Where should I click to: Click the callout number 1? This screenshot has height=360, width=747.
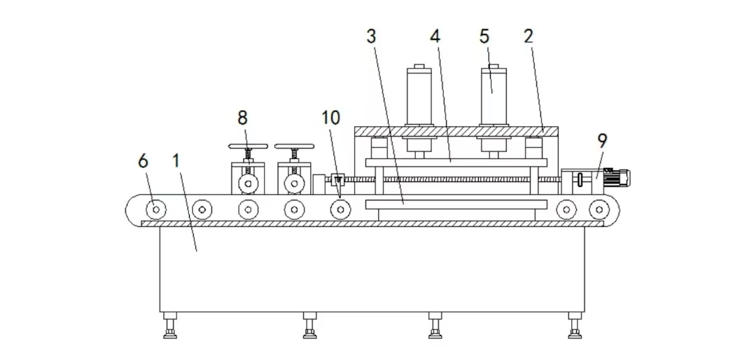pos(176,161)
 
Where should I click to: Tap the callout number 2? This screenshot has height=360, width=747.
pos(529,36)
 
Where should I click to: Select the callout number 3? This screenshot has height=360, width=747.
pos(372,36)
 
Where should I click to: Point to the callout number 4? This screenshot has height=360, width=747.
pos(435,36)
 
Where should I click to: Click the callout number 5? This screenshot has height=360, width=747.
pos(484,36)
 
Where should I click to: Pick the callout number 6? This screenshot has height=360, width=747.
pos(143,161)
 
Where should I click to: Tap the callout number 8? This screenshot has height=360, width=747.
pos(243,118)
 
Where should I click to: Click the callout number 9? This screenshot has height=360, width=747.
pos(602,141)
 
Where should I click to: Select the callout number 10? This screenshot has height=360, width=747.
pos(330,118)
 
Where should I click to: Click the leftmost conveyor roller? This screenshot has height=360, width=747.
pos(156,209)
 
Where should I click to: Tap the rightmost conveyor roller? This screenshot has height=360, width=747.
pos(599,209)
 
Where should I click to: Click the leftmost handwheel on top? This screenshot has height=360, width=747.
pos(248,146)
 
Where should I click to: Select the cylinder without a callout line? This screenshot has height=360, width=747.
pos(419,95)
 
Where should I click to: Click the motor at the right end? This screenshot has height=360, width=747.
pos(617,177)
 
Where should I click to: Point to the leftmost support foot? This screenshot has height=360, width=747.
pos(170,325)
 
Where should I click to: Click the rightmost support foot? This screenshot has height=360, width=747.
pos(575,325)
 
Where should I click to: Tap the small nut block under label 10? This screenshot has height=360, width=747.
pos(337,180)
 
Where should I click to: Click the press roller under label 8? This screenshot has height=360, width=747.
pos(248,184)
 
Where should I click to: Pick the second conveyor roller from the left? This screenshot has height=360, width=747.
pos(202,209)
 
